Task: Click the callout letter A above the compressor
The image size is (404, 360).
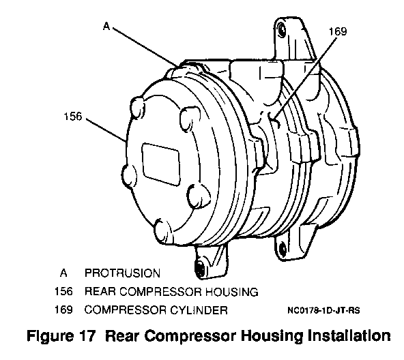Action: pos(106,26)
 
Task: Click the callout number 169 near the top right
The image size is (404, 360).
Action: pos(338,31)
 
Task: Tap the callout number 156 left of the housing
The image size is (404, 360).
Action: pos(72,117)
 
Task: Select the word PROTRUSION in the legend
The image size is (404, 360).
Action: pos(122,273)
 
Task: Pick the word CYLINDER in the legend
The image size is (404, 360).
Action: pos(199,310)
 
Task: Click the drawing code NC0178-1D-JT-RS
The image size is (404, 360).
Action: pos(323,310)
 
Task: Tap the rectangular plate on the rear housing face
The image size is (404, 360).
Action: pos(161,164)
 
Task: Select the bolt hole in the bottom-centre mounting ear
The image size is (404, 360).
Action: pos(200,269)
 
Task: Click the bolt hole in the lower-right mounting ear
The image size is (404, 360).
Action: pos(283,249)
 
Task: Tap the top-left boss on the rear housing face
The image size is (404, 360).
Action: pos(138,107)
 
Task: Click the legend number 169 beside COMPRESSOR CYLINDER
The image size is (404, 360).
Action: pos(63,310)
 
